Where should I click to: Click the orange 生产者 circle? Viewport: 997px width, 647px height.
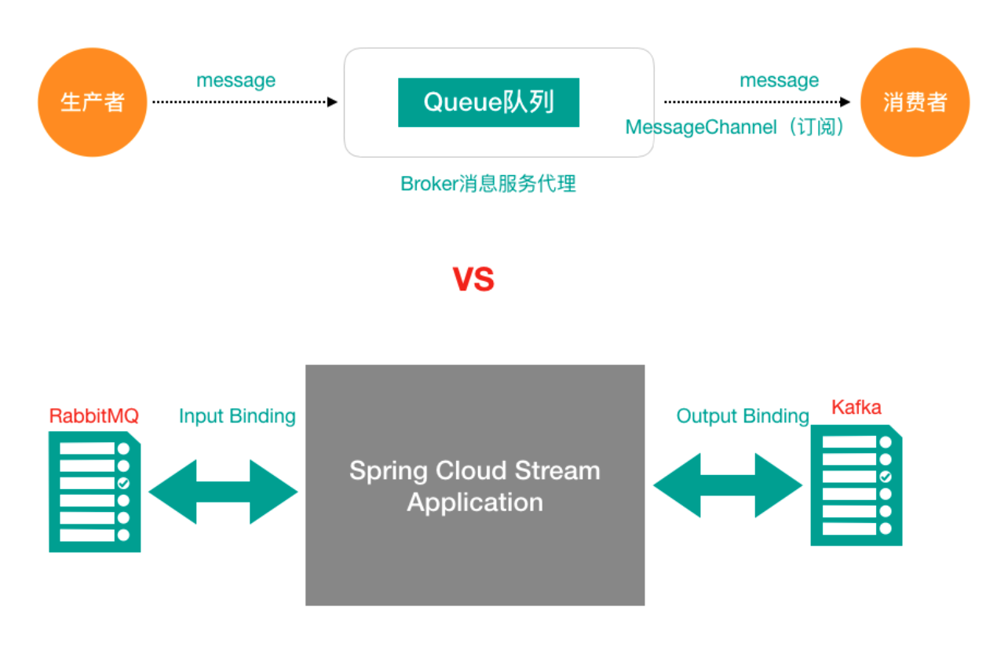93,102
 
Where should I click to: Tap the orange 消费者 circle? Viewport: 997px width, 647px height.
915,102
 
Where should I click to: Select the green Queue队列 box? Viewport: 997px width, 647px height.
488,102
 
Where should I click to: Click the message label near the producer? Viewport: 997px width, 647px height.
236,80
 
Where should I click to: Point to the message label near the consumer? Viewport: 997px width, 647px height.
779,80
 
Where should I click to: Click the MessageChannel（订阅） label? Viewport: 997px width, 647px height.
736,127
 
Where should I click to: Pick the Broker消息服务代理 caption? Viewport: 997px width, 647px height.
488,184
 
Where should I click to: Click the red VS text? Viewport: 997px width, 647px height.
473,280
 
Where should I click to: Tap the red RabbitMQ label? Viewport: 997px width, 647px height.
94,415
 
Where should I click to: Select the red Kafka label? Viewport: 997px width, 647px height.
856,408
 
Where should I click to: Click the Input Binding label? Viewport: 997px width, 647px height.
237,416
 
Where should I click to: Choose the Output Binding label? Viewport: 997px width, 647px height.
743,416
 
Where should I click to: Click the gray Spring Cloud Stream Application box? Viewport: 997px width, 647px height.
475,485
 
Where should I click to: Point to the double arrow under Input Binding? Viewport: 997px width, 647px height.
223,492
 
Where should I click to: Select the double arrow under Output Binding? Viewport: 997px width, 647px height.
728,485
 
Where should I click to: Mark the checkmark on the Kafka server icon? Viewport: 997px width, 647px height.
886,477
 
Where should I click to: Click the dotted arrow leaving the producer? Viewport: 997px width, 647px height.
243,102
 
